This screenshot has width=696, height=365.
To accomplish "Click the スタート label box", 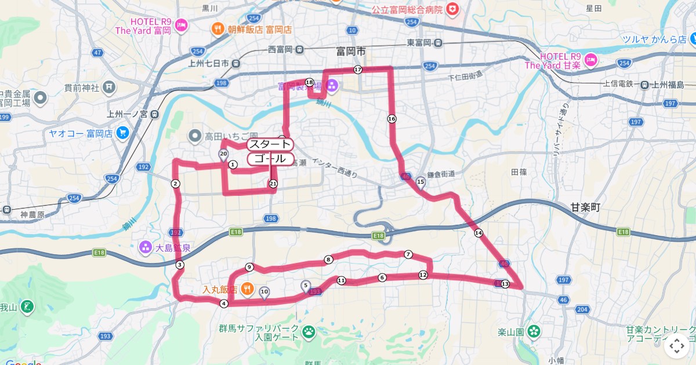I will click(270, 144).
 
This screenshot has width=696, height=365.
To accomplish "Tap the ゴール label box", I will click(270, 159).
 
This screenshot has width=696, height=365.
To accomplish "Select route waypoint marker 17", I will click(357, 70).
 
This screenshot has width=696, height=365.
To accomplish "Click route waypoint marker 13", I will click(505, 284).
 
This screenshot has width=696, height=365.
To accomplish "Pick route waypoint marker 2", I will click(175, 184).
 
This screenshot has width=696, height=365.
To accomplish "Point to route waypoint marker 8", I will click(328, 260).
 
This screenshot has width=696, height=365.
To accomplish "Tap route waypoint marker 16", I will click(391, 119).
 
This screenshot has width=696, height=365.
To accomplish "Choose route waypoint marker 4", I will click(223, 303).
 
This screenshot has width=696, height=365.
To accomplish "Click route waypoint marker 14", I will click(478, 233).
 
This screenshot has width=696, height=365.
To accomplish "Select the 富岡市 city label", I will click(351, 52).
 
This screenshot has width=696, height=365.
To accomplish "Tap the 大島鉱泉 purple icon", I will click(145, 248).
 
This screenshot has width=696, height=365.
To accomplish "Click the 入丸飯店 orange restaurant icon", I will click(246, 288).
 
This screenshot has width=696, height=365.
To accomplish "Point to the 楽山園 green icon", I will click(534, 332).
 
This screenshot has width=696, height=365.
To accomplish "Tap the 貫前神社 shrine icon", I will click(109, 88).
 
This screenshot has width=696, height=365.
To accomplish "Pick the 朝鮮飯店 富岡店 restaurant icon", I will click(217, 28).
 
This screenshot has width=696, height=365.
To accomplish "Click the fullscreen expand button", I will click(676, 346).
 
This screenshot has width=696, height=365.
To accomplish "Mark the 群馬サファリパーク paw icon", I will click(309, 332).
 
